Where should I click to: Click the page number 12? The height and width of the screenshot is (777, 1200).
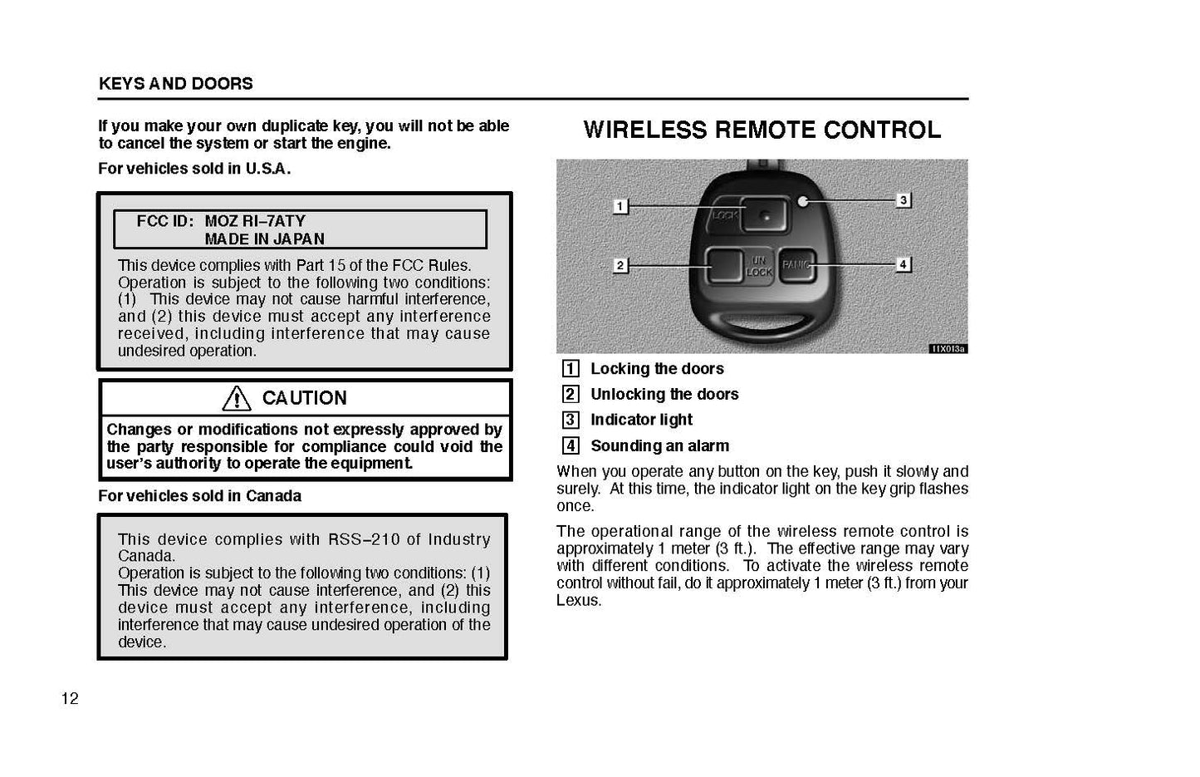(70, 699)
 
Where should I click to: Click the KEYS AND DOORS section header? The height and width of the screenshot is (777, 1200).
(175, 84)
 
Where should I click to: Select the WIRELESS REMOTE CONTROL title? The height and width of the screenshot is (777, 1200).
(762, 130)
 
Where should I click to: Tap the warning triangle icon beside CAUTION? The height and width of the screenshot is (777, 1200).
(237, 399)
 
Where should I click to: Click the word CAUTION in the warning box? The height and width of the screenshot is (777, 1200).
(304, 399)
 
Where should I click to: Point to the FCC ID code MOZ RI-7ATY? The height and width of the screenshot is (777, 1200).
(255, 221)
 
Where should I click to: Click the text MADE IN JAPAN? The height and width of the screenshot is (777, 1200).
(264, 239)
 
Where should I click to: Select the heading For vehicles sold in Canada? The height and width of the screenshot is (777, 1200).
(199, 496)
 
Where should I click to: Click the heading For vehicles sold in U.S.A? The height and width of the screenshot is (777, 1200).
(194, 169)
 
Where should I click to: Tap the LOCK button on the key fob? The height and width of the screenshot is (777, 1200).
(763, 215)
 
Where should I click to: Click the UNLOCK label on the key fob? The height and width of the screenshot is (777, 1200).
(759, 266)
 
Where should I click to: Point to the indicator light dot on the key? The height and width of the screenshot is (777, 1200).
(803, 200)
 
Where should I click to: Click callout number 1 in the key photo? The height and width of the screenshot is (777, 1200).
(620, 206)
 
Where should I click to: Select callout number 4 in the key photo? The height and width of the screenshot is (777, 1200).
(903, 265)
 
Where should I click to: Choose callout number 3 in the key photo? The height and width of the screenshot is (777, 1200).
(903, 200)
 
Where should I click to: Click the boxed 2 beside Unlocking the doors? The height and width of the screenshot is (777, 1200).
(571, 395)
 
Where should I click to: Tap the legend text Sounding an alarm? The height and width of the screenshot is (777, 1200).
(659, 446)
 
